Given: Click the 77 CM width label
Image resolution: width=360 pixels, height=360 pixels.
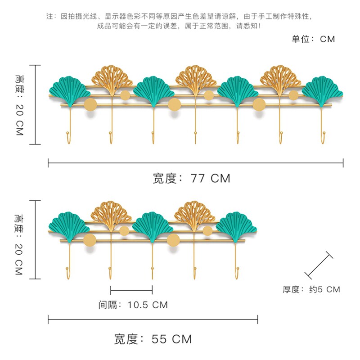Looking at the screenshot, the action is click(x=192, y=178).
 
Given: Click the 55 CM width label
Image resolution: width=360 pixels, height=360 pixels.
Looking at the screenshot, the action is click(x=153, y=339).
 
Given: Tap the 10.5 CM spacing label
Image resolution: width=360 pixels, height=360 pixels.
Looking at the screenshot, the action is click(x=133, y=305).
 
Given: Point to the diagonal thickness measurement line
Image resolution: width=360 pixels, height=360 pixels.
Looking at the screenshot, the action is click(x=319, y=266).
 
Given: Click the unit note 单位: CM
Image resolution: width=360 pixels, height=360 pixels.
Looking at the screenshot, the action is click(x=313, y=39).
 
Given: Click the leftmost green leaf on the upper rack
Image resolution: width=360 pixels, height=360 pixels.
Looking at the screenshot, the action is click(x=69, y=89).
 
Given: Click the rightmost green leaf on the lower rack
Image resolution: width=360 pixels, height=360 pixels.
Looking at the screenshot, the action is click(x=236, y=225).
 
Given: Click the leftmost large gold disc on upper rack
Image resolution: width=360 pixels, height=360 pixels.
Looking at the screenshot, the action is click(x=90, y=105).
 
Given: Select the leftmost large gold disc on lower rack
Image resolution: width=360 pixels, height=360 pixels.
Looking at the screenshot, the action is click(x=90, y=240).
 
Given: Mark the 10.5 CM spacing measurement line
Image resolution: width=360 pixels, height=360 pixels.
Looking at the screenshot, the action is click(x=131, y=290).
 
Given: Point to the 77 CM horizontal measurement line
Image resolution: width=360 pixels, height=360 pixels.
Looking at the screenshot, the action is click(x=195, y=163).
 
